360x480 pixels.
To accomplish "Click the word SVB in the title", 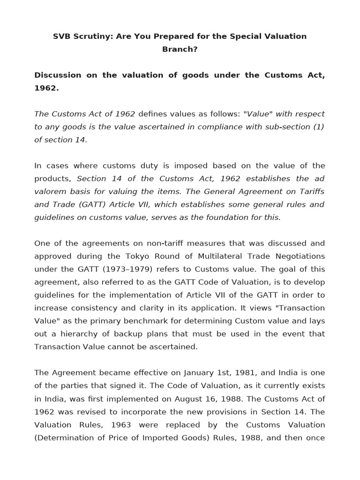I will coord(61,37).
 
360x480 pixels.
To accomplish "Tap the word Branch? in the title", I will coord(180,49).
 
